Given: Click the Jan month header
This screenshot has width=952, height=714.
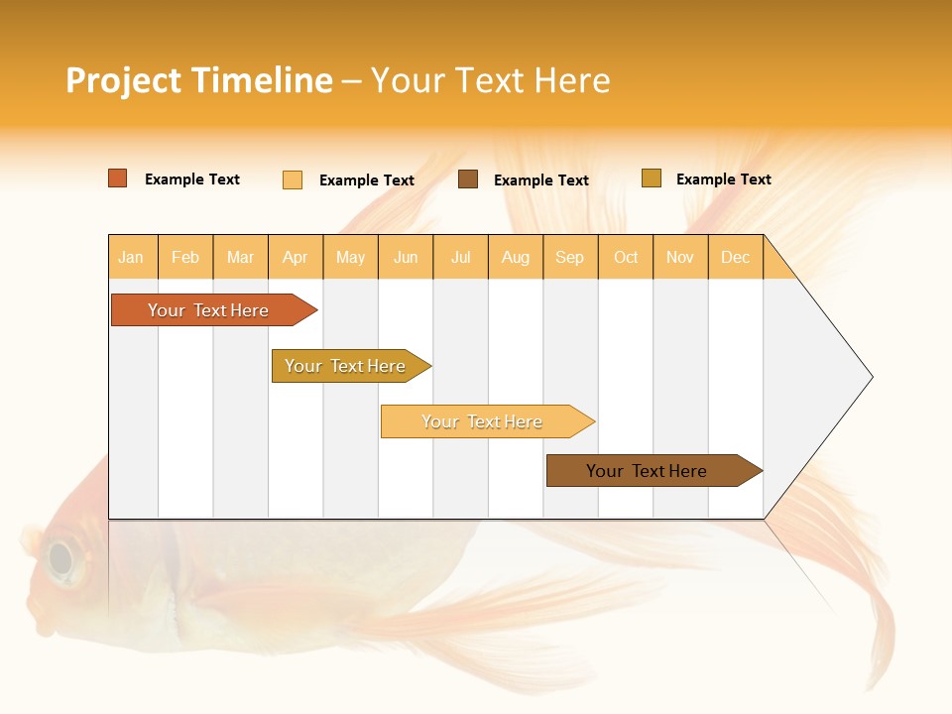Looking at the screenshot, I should [x=132, y=257].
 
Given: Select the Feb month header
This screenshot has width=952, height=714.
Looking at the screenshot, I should [x=185, y=257].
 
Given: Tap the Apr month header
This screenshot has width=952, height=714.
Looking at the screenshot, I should [x=296, y=257].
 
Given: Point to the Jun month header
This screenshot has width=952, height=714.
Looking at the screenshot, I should [x=406, y=257].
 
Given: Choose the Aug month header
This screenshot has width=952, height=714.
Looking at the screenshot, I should [x=516, y=257].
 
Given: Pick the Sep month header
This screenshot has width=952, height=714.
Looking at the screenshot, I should [x=570, y=257].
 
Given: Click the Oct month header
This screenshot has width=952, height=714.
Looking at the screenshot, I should [x=626, y=257].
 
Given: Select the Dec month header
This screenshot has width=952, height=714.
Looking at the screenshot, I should [x=736, y=257].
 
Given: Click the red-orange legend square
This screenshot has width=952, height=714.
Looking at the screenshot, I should [x=118, y=178].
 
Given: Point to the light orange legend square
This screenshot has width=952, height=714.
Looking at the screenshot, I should [x=293, y=179].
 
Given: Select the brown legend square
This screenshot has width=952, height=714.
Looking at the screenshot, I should [x=468, y=179].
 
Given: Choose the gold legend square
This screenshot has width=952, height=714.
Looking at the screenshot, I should [x=652, y=178].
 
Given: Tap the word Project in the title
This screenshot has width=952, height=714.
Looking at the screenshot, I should [x=124, y=80].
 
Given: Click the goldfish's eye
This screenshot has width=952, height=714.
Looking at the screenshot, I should [x=61, y=559].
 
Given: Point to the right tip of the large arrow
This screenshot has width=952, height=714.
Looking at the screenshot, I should [x=871, y=377].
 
